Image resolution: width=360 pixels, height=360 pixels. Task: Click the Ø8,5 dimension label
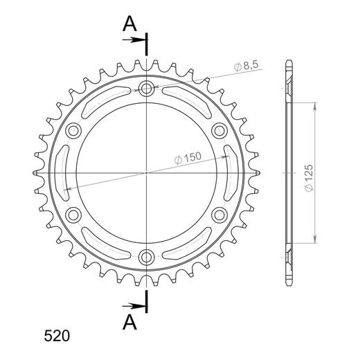click(246, 66)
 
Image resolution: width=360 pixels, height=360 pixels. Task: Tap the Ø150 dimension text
click(188, 158)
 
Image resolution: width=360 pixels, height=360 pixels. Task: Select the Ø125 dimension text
click(309, 178)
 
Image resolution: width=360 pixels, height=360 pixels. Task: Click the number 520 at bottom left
click(57, 336)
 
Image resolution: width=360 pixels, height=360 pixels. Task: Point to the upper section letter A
click(129, 24)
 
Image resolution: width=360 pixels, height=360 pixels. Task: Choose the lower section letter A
click(129, 322)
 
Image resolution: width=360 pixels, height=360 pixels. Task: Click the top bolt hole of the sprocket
click(146, 88)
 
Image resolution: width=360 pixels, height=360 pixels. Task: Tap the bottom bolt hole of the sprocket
click(146, 257)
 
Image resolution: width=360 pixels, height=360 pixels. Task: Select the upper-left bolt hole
click(73, 131)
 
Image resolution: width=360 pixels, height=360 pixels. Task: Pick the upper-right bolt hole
click(219, 131)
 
